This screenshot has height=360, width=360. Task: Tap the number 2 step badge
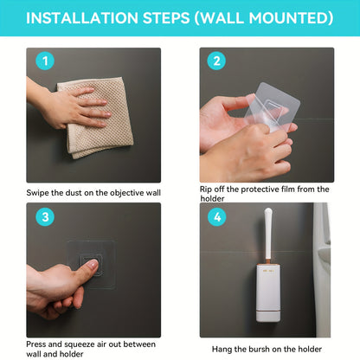point(215,62)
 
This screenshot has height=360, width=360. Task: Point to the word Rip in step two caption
point(208,190)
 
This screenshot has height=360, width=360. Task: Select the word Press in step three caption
point(38,344)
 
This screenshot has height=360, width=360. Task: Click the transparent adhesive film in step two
point(260,112)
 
